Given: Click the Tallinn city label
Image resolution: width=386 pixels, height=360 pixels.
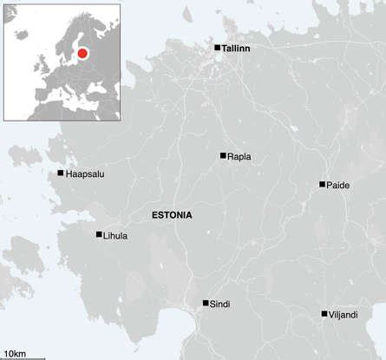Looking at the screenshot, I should pyautogui.click(x=236, y=49).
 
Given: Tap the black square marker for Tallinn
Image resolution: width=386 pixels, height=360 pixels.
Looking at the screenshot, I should pyautogui.click(x=218, y=48).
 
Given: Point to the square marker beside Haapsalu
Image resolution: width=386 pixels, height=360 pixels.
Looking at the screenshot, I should pyautogui.click(x=60, y=173).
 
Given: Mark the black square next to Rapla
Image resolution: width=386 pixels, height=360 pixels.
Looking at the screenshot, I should pyautogui.click(x=223, y=155).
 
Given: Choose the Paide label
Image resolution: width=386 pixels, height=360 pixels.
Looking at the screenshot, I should pyautogui.click(x=337, y=186).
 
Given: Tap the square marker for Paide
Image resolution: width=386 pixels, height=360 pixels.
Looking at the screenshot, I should pyautogui.click(x=322, y=185).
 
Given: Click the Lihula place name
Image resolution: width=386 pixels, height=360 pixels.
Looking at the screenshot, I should pyautogui.click(x=114, y=235).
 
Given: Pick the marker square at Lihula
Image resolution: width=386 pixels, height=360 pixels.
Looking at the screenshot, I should pyautogui.click(x=99, y=234).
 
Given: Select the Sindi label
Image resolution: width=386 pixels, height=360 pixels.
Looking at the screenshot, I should pyautogui.click(x=220, y=304).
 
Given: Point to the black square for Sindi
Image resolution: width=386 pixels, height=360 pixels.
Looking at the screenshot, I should pyautogui.click(x=206, y=303).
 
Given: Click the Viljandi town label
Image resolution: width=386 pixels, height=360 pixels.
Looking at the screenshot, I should pyautogui.click(x=344, y=315).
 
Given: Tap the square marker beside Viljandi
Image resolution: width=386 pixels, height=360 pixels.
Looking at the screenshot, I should pyautogui.click(x=324, y=314).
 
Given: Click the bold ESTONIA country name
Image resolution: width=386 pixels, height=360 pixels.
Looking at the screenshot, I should pyautogui.click(x=172, y=214).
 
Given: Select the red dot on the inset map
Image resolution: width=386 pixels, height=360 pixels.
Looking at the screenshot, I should pyautogui.click(x=83, y=54).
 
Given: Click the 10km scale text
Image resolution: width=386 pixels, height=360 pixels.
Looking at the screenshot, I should pyautogui.click(x=15, y=350).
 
